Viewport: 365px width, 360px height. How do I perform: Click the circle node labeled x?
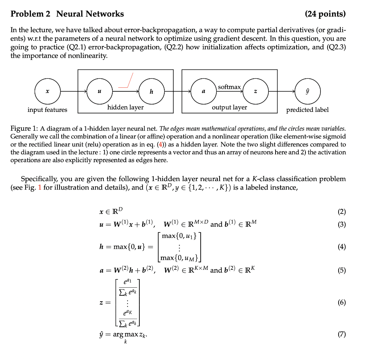(x=47, y=92)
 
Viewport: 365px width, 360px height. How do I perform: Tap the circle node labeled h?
(x=151, y=92)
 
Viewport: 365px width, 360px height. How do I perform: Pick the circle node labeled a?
(x=204, y=92)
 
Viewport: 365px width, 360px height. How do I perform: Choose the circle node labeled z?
(x=256, y=92)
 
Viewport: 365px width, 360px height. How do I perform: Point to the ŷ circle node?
(x=308, y=92)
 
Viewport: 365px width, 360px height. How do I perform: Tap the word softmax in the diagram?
(x=229, y=87)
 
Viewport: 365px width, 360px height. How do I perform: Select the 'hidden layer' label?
(x=125, y=107)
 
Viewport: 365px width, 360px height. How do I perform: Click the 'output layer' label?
(x=230, y=107)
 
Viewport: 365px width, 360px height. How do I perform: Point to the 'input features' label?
(x=47, y=110)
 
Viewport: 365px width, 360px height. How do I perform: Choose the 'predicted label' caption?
(x=308, y=110)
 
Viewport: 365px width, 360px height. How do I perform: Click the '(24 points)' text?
(x=325, y=14)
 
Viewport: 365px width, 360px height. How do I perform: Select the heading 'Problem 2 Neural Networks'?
(x=67, y=14)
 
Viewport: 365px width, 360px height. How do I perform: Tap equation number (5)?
(x=341, y=270)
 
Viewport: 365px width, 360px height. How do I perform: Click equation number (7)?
(x=341, y=334)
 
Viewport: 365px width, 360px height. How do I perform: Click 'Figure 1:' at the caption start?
(x=24, y=128)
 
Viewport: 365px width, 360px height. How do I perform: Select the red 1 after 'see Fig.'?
(x=40, y=187)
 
